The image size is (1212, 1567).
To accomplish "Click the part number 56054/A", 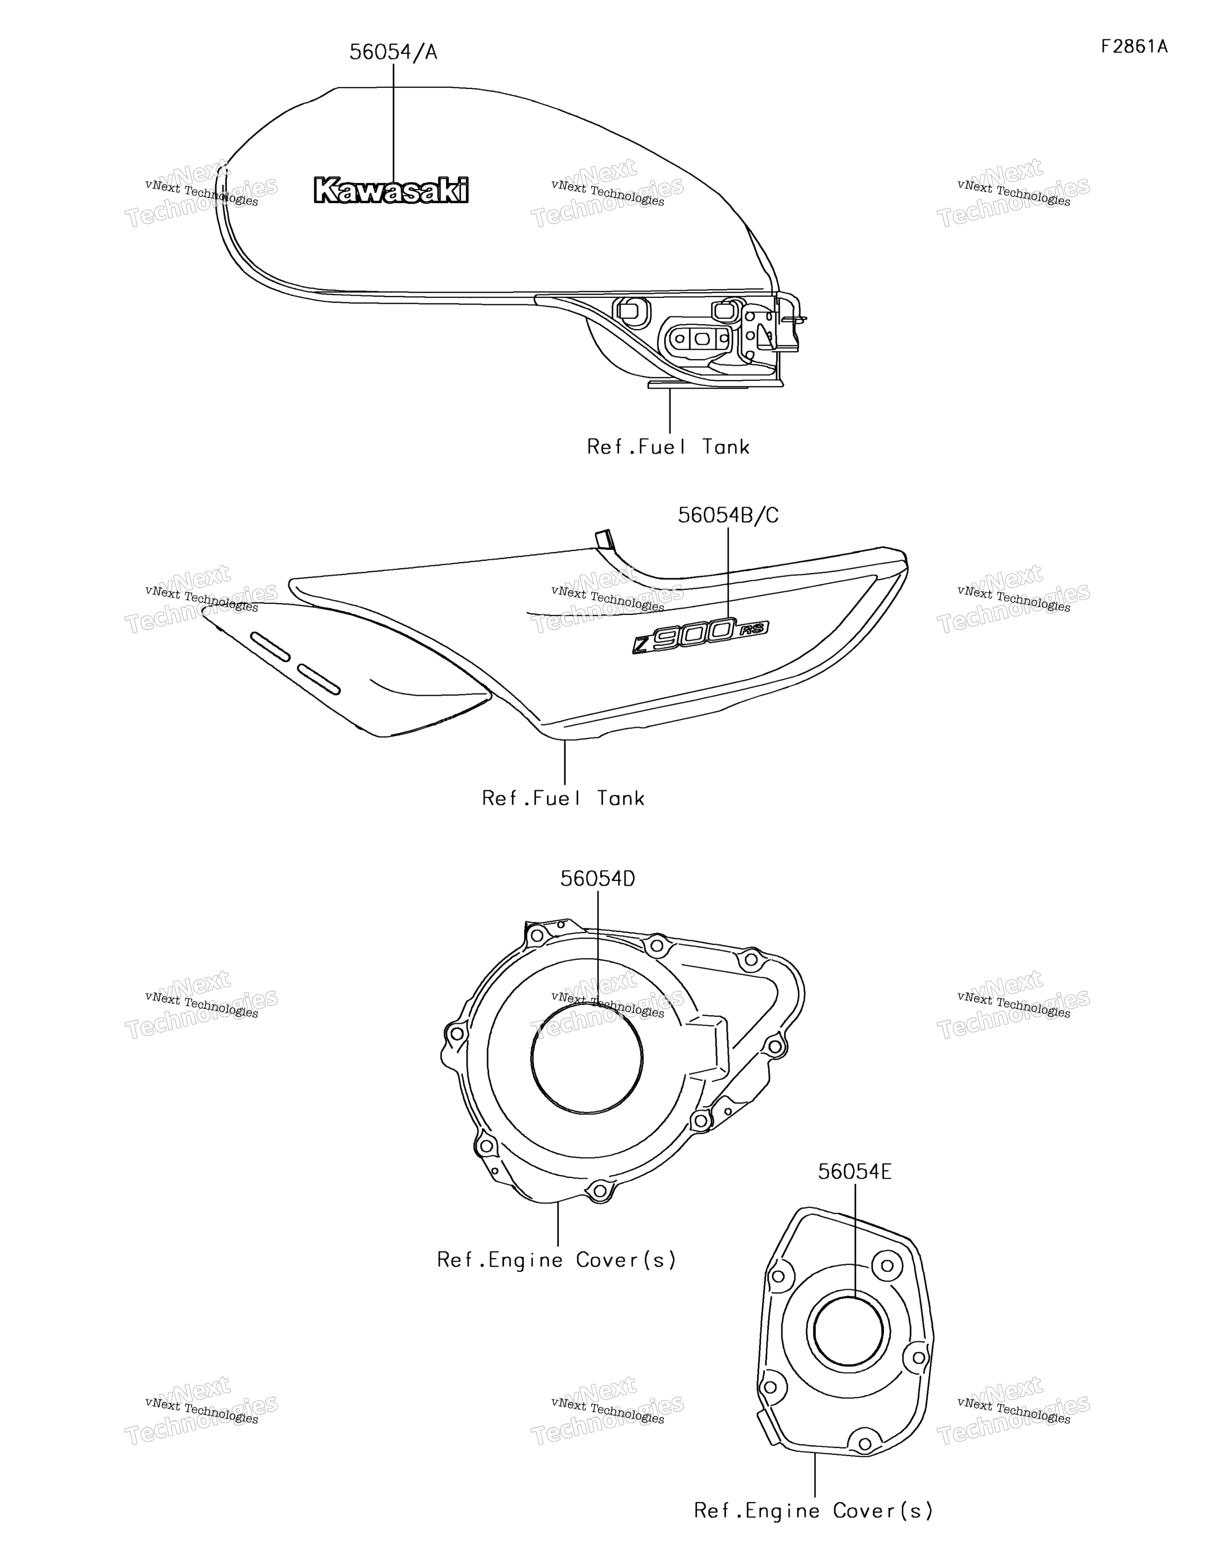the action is (x=393, y=53).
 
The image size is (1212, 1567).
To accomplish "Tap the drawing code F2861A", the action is (x=1135, y=47).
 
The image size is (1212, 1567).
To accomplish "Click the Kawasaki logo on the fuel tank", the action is (x=391, y=190).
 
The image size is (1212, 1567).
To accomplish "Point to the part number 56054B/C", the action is (x=728, y=515).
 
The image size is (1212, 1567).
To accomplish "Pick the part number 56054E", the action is (x=855, y=1172).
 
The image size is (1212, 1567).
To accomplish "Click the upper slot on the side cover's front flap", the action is (x=270, y=646).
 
